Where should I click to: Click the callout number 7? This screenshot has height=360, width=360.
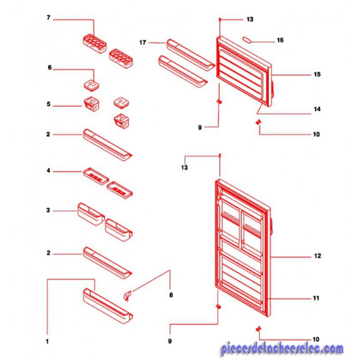49,17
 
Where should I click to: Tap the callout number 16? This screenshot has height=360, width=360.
280,40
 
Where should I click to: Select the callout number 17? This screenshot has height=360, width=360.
143,43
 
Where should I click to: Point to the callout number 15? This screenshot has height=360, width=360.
317,74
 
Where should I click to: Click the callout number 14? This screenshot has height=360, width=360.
317,109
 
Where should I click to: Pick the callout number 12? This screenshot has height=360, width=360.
317,256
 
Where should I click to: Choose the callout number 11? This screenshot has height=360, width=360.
316,298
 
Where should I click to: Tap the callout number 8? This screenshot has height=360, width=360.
171,295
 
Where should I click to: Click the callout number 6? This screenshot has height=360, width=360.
50,67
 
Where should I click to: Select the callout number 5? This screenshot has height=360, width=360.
49,104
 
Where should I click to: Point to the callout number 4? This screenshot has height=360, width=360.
49,170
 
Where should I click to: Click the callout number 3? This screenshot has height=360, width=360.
48,210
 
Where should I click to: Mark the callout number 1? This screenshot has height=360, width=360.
47,341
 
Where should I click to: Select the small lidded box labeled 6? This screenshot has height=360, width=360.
92,85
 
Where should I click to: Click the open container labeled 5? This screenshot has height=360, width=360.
91,104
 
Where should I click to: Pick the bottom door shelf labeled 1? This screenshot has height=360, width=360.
108,305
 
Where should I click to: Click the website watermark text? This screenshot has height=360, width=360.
283,349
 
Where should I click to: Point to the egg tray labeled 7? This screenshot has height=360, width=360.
95,43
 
